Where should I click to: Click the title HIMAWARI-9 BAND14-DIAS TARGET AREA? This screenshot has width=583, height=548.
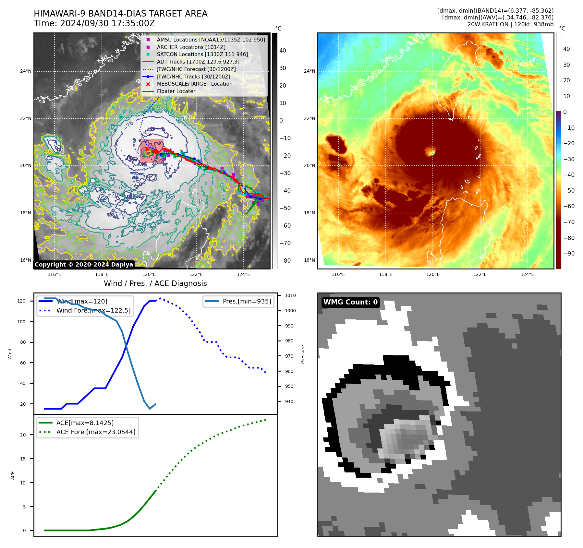pyautogui.click(x=120, y=14)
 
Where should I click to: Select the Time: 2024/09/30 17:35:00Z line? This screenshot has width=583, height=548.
pyautogui.click(x=94, y=24)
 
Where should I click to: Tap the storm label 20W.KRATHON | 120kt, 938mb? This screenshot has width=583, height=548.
pyautogui.click(x=510, y=24)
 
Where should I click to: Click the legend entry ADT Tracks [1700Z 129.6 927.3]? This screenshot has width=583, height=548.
pyautogui.click(x=198, y=62)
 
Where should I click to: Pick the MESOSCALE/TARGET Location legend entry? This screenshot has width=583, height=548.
pyautogui.click(x=195, y=84)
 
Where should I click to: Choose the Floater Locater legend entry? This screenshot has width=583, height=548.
pyautogui.click(x=176, y=91)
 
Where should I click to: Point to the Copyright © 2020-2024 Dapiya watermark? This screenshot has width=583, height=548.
pyautogui.click(x=84, y=265)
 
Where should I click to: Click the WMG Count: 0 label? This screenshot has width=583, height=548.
pyautogui.click(x=350, y=302)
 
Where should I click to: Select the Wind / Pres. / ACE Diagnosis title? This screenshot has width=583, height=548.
pyautogui.click(x=155, y=283)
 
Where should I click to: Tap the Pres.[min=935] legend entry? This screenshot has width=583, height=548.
pyautogui.click(x=247, y=301)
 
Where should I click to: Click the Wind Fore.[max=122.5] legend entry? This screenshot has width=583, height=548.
pyautogui.click(x=93, y=310)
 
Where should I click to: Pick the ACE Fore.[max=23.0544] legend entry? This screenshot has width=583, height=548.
pyautogui.click(x=96, y=432)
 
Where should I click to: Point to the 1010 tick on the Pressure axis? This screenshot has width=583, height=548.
pyautogui.click(x=290, y=295)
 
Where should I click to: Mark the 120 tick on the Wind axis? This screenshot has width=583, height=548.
pyautogui.click(x=21, y=301)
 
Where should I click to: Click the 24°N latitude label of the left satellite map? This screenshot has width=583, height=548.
pyautogui.click(x=26, y=71)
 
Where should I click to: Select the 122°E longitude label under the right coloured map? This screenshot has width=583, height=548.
pyautogui.click(x=480, y=274)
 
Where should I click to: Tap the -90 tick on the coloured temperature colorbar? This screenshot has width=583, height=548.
pyautogui.click(x=569, y=254)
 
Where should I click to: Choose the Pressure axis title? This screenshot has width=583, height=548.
pyautogui.click(x=303, y=354)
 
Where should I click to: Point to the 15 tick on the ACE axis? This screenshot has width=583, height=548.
pyautogui.click(x=23, y=459)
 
